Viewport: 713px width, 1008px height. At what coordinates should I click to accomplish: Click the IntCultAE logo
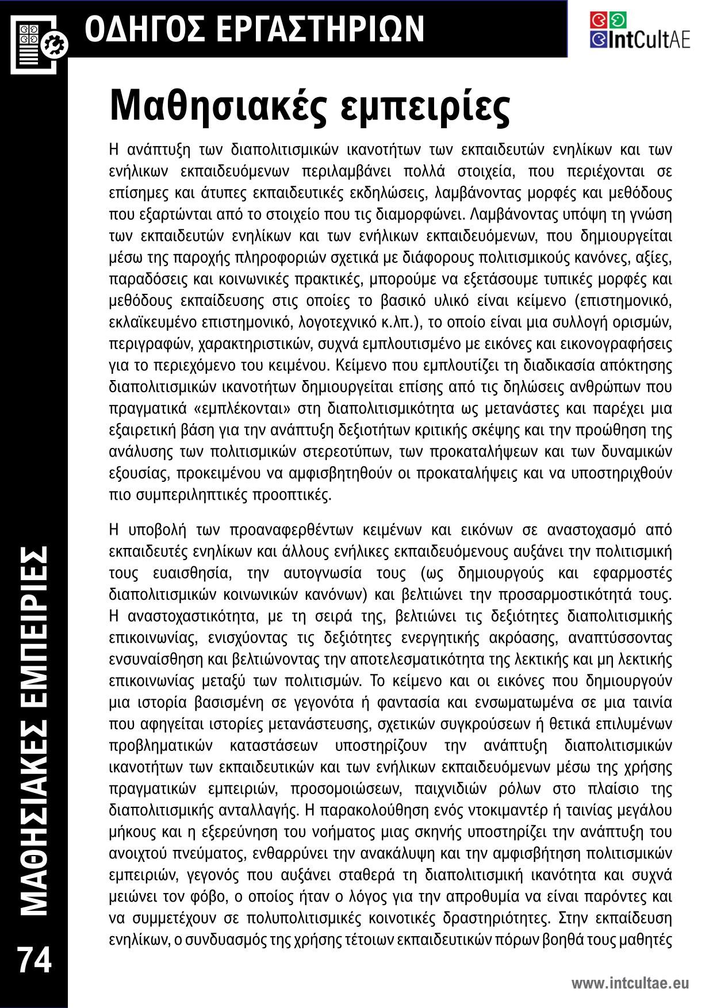click(639, 30)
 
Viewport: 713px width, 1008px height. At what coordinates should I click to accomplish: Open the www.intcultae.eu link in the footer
click(630, 983)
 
